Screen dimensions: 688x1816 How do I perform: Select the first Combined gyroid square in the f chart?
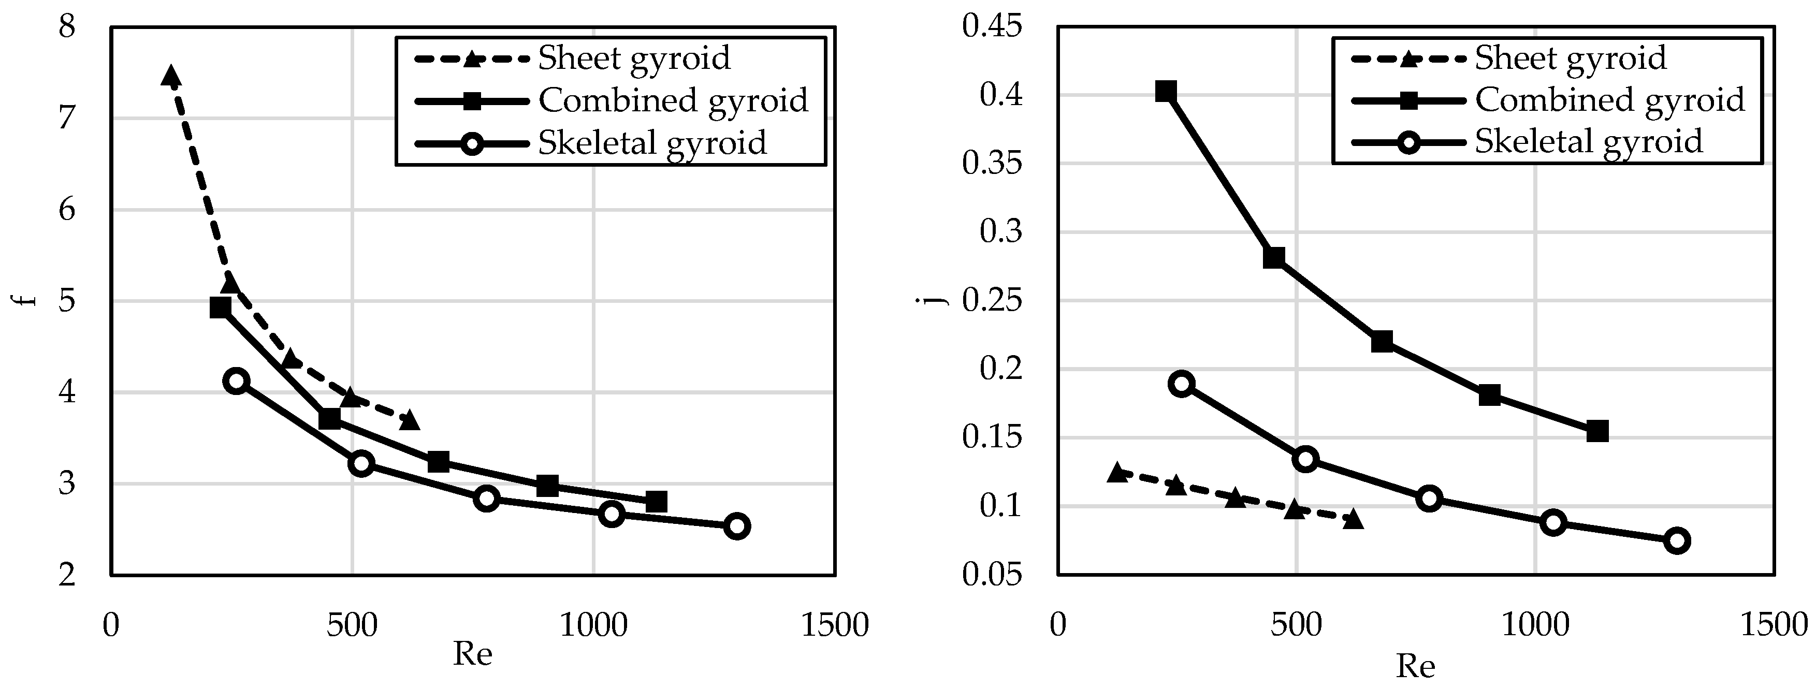(221, 308)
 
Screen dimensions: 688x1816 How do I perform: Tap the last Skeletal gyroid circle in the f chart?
(737, 526)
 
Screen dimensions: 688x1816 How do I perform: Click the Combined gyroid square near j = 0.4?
(1166, 92)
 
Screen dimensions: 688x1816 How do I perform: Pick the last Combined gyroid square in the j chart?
(1597, 431)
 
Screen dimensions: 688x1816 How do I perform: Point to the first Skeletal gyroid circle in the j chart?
(1182, 384)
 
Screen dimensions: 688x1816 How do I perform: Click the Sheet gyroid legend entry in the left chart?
(633, 58)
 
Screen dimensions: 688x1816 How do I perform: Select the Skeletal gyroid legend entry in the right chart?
(1588, 142)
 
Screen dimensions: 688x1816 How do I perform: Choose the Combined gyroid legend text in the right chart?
(1609, 99)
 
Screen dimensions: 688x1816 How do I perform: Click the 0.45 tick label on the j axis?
(991, 27)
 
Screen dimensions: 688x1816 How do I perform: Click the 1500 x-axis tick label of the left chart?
(835, 625)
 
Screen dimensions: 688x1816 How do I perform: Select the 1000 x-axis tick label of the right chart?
(1535, 625)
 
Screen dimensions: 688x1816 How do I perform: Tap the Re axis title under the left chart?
(472, 655)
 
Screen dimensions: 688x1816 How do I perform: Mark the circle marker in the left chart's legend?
(472, 143)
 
